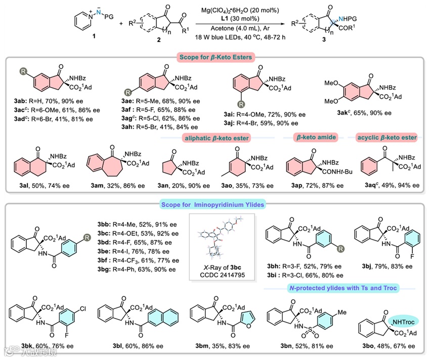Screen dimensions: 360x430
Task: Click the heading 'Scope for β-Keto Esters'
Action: (x=214, y=57)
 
